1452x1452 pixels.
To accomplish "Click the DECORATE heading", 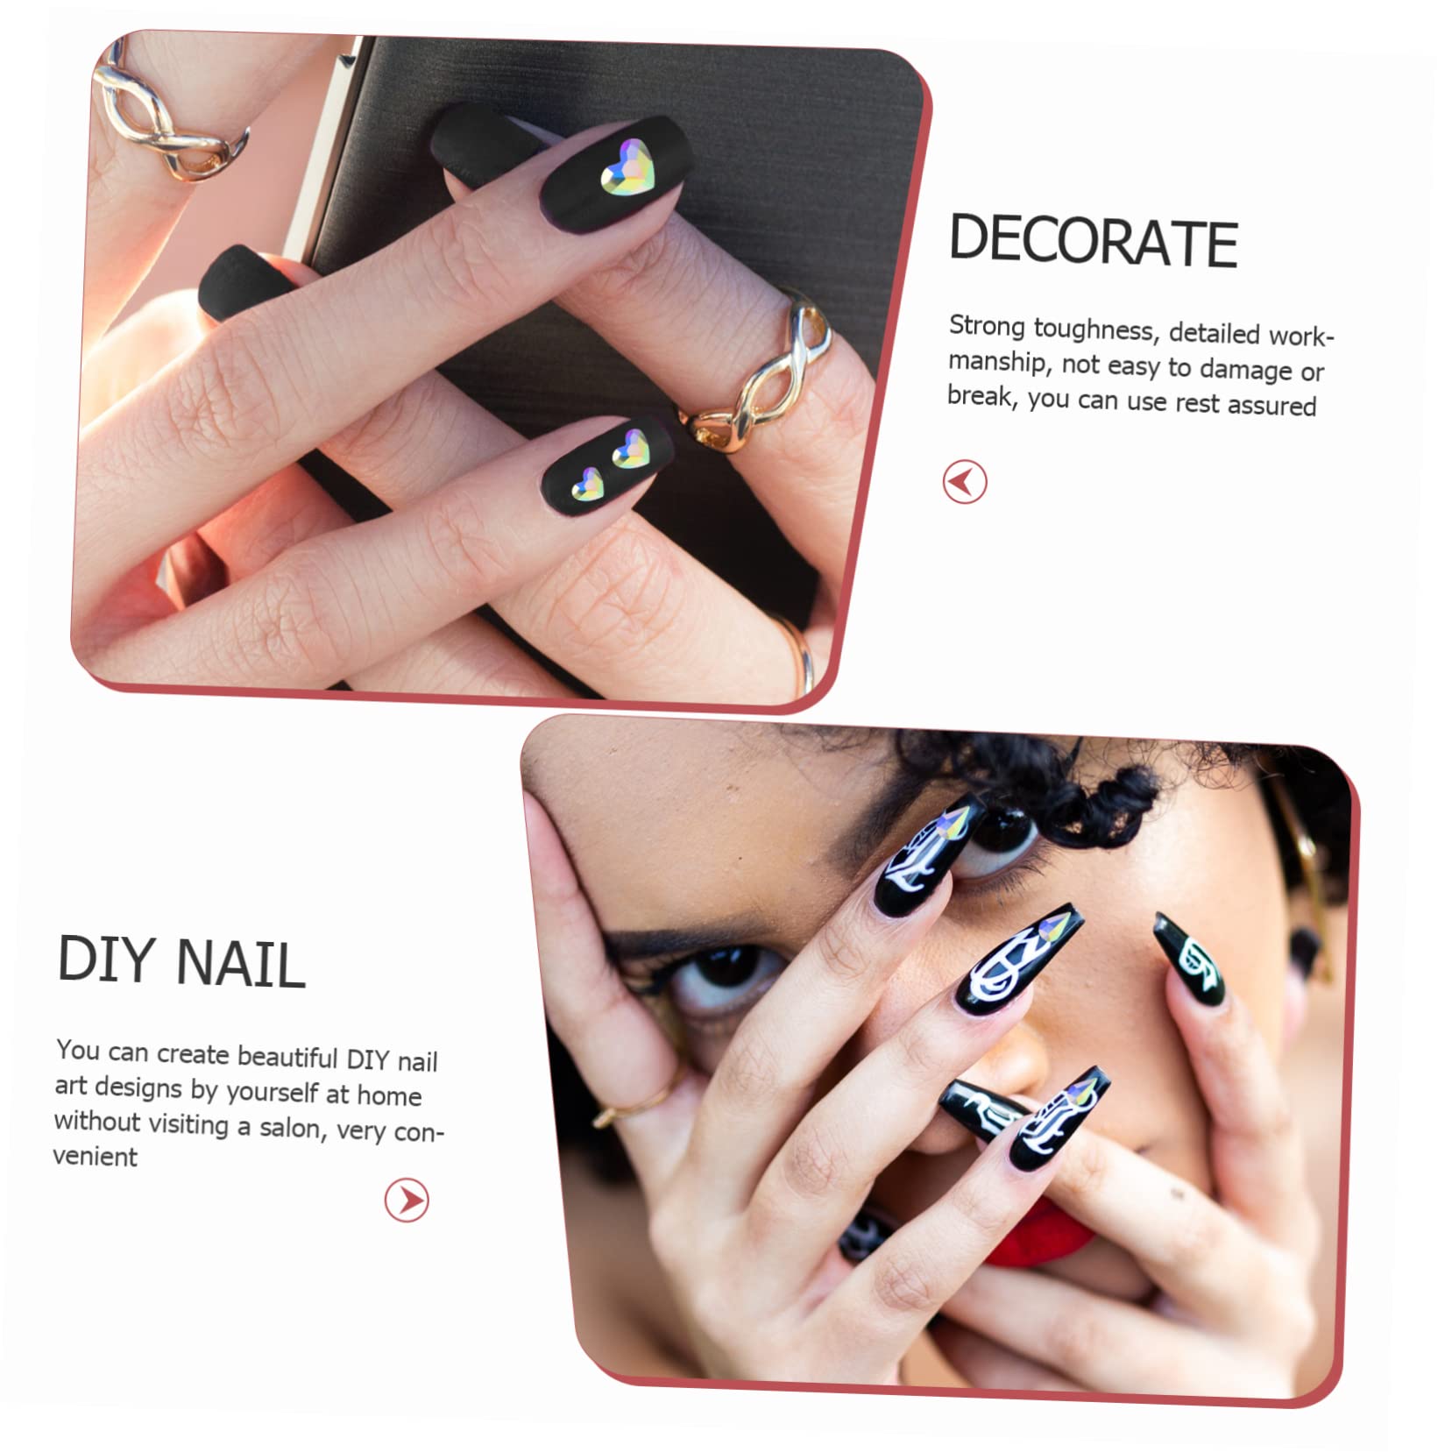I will (x=1092, y=241).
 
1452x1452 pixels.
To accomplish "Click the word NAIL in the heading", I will (x=240, y=964).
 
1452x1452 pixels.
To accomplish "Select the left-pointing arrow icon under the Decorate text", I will (x=964, y=482).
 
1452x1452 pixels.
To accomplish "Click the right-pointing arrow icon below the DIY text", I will (x=407, y=1200).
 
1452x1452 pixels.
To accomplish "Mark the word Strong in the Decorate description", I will (x=987, y=326).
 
